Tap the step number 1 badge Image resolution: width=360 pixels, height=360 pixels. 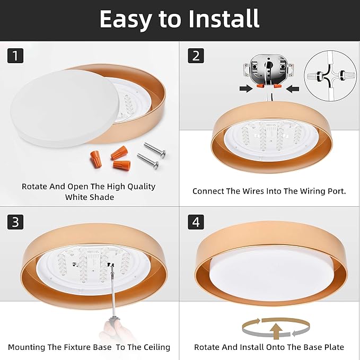[x=15, y=55]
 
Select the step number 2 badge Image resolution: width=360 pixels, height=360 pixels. [x=196, y=55]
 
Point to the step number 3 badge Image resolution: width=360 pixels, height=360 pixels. [x=15, y=222]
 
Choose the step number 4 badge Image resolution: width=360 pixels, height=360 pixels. [x=196, y=222]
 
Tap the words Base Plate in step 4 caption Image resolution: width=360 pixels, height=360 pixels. [x=322, y=347]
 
